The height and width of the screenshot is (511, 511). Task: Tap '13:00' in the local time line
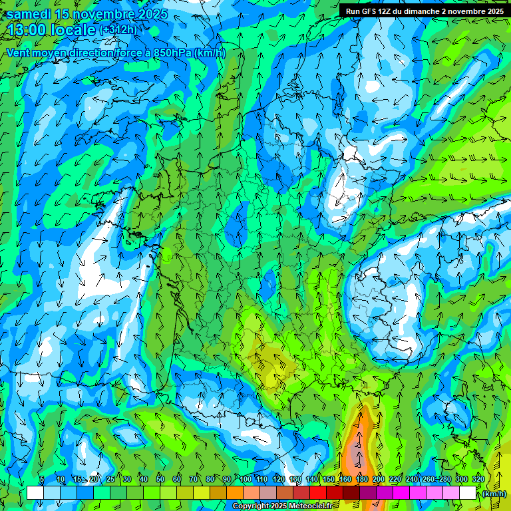27,30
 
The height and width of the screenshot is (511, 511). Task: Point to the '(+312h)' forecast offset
118,30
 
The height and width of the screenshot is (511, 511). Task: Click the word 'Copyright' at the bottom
250,506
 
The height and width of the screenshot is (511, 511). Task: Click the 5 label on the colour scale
41,479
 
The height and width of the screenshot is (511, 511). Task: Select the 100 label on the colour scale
246,479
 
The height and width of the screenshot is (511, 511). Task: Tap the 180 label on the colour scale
362,479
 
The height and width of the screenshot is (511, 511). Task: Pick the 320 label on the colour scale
478,479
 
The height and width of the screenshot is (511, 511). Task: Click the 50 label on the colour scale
160,479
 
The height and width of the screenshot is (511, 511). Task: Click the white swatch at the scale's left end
35,493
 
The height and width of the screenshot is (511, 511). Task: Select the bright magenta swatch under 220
401,493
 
